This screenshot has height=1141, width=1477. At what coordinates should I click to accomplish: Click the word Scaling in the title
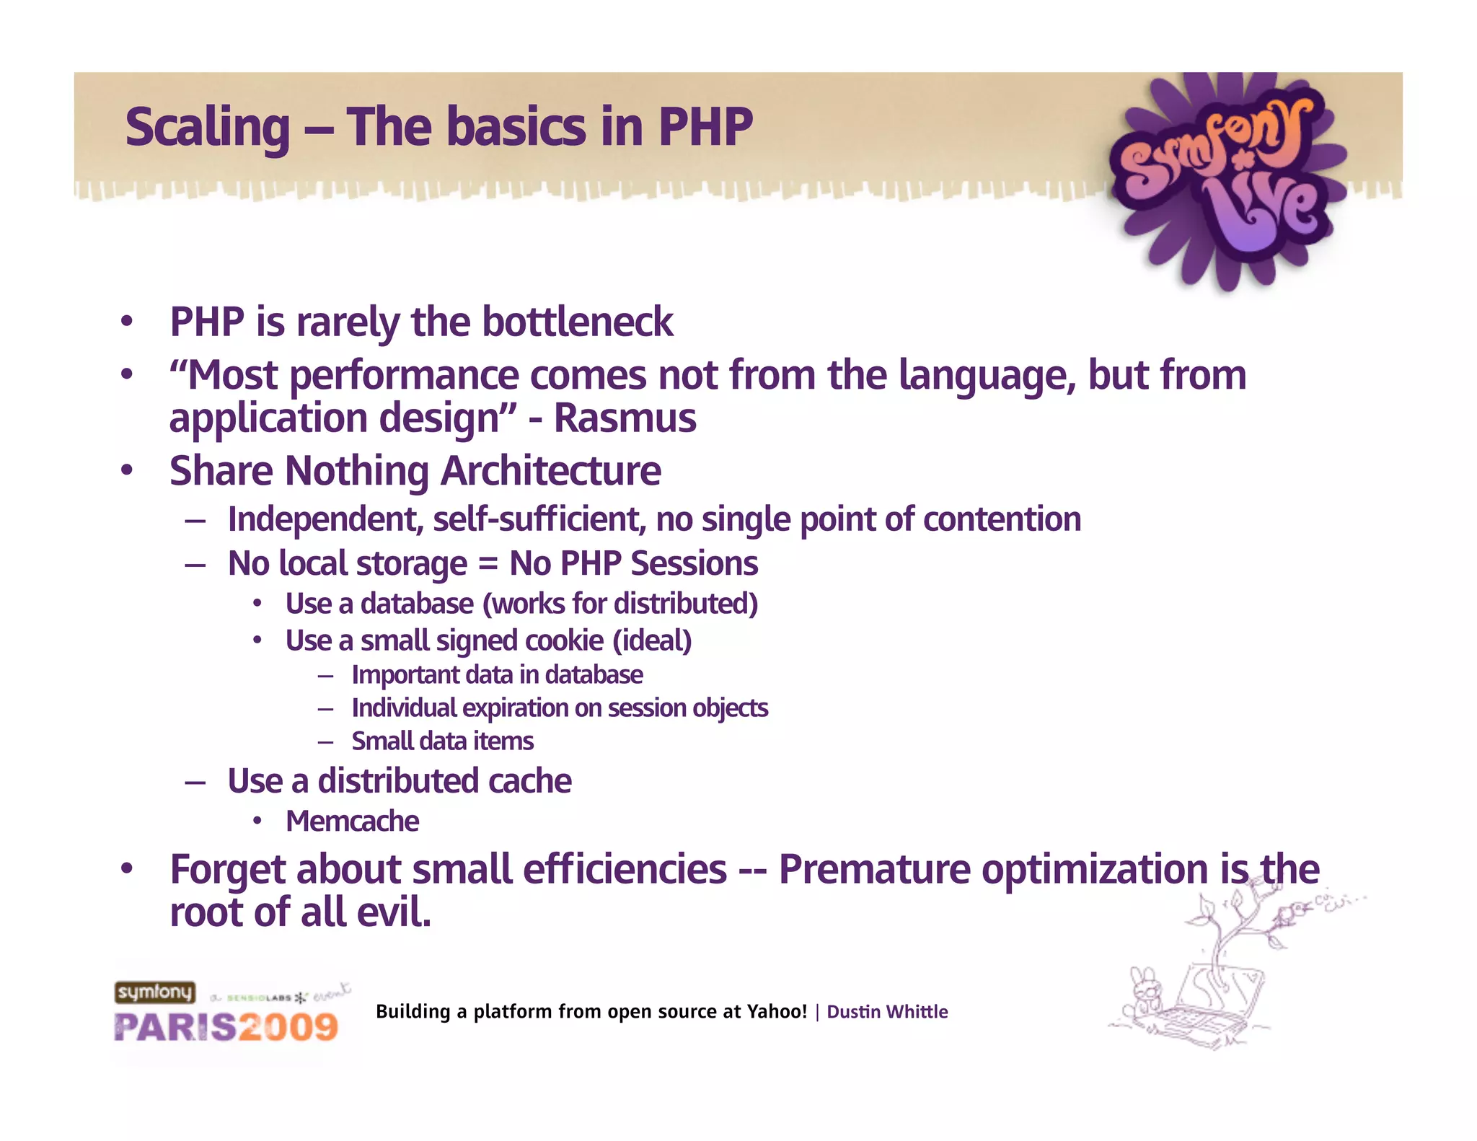207,128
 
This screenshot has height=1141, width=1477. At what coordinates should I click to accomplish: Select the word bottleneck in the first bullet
577,322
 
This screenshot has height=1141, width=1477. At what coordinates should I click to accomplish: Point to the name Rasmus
625,418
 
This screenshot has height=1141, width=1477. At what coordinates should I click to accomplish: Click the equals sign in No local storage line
488,564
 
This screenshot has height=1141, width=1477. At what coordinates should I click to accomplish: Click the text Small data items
442,741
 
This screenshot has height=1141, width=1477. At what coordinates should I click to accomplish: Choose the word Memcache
352,821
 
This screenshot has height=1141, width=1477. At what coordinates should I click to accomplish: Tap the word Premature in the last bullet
874,869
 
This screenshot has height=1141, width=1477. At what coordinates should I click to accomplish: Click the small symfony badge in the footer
154,992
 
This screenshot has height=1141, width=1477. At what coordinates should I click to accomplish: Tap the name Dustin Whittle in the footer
886,1012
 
